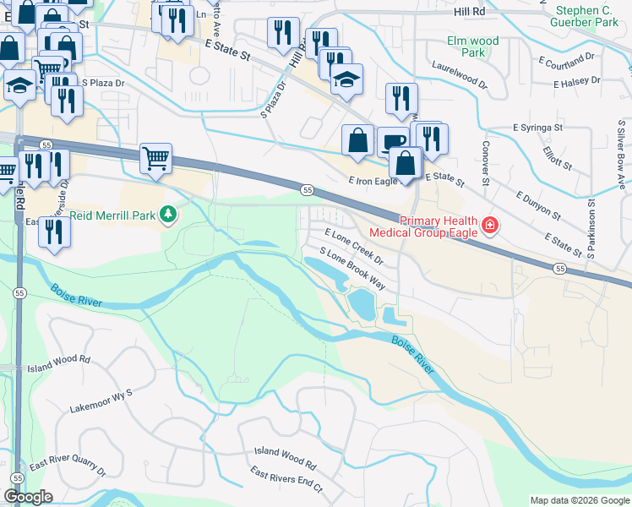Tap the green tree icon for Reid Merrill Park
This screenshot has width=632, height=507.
pos(169,215)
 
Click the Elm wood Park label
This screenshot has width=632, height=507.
pos(472,46)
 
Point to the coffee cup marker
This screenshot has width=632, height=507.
pos(392,143)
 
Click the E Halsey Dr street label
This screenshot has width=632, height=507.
pos(577,81)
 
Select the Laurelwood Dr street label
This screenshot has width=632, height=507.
pos(459,74)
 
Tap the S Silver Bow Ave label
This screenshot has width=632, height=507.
pos(620,161)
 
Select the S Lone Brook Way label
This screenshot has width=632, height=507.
pos(352,269)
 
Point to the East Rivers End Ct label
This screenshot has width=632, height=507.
pos(287,482)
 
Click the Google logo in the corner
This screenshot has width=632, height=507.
pos(28,497)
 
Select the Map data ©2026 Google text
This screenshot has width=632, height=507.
pos(580,500)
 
